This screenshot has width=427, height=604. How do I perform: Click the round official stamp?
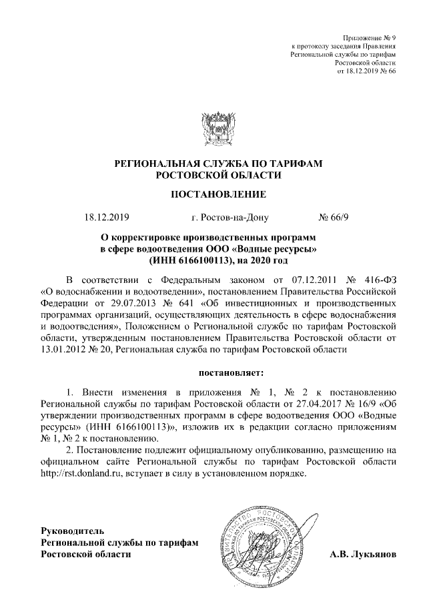coord(261,535)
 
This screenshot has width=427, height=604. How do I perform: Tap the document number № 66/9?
coord(338,217)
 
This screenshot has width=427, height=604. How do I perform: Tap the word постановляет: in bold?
coord(232,369)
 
